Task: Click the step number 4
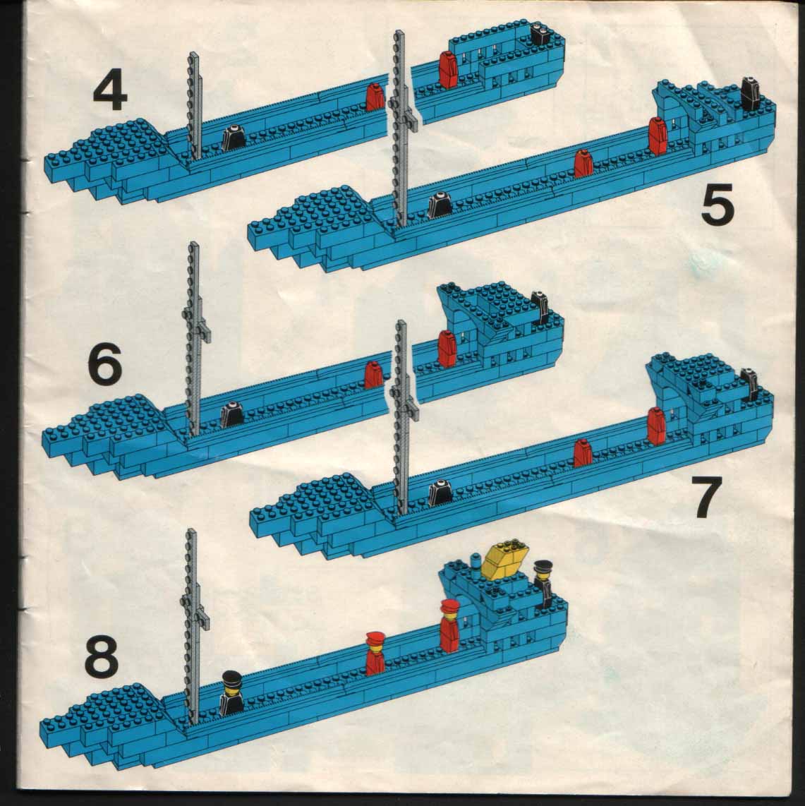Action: tap(110, 92)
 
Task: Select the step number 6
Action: tap(105, 364)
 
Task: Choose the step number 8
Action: tap(102, 656)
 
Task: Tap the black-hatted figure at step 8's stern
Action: tap(543, 584)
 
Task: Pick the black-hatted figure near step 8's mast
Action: tap(231, 693)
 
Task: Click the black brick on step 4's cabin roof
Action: tap(540, 35)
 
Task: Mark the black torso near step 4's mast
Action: tap(234, 138)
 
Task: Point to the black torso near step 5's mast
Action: tap(440, 205)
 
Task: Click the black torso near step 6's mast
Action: tap(232, 414)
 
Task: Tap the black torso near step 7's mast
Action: tap(440, 492)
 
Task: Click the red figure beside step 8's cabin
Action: tap(449, 625)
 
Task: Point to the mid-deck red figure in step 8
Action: tap(375, 654)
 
